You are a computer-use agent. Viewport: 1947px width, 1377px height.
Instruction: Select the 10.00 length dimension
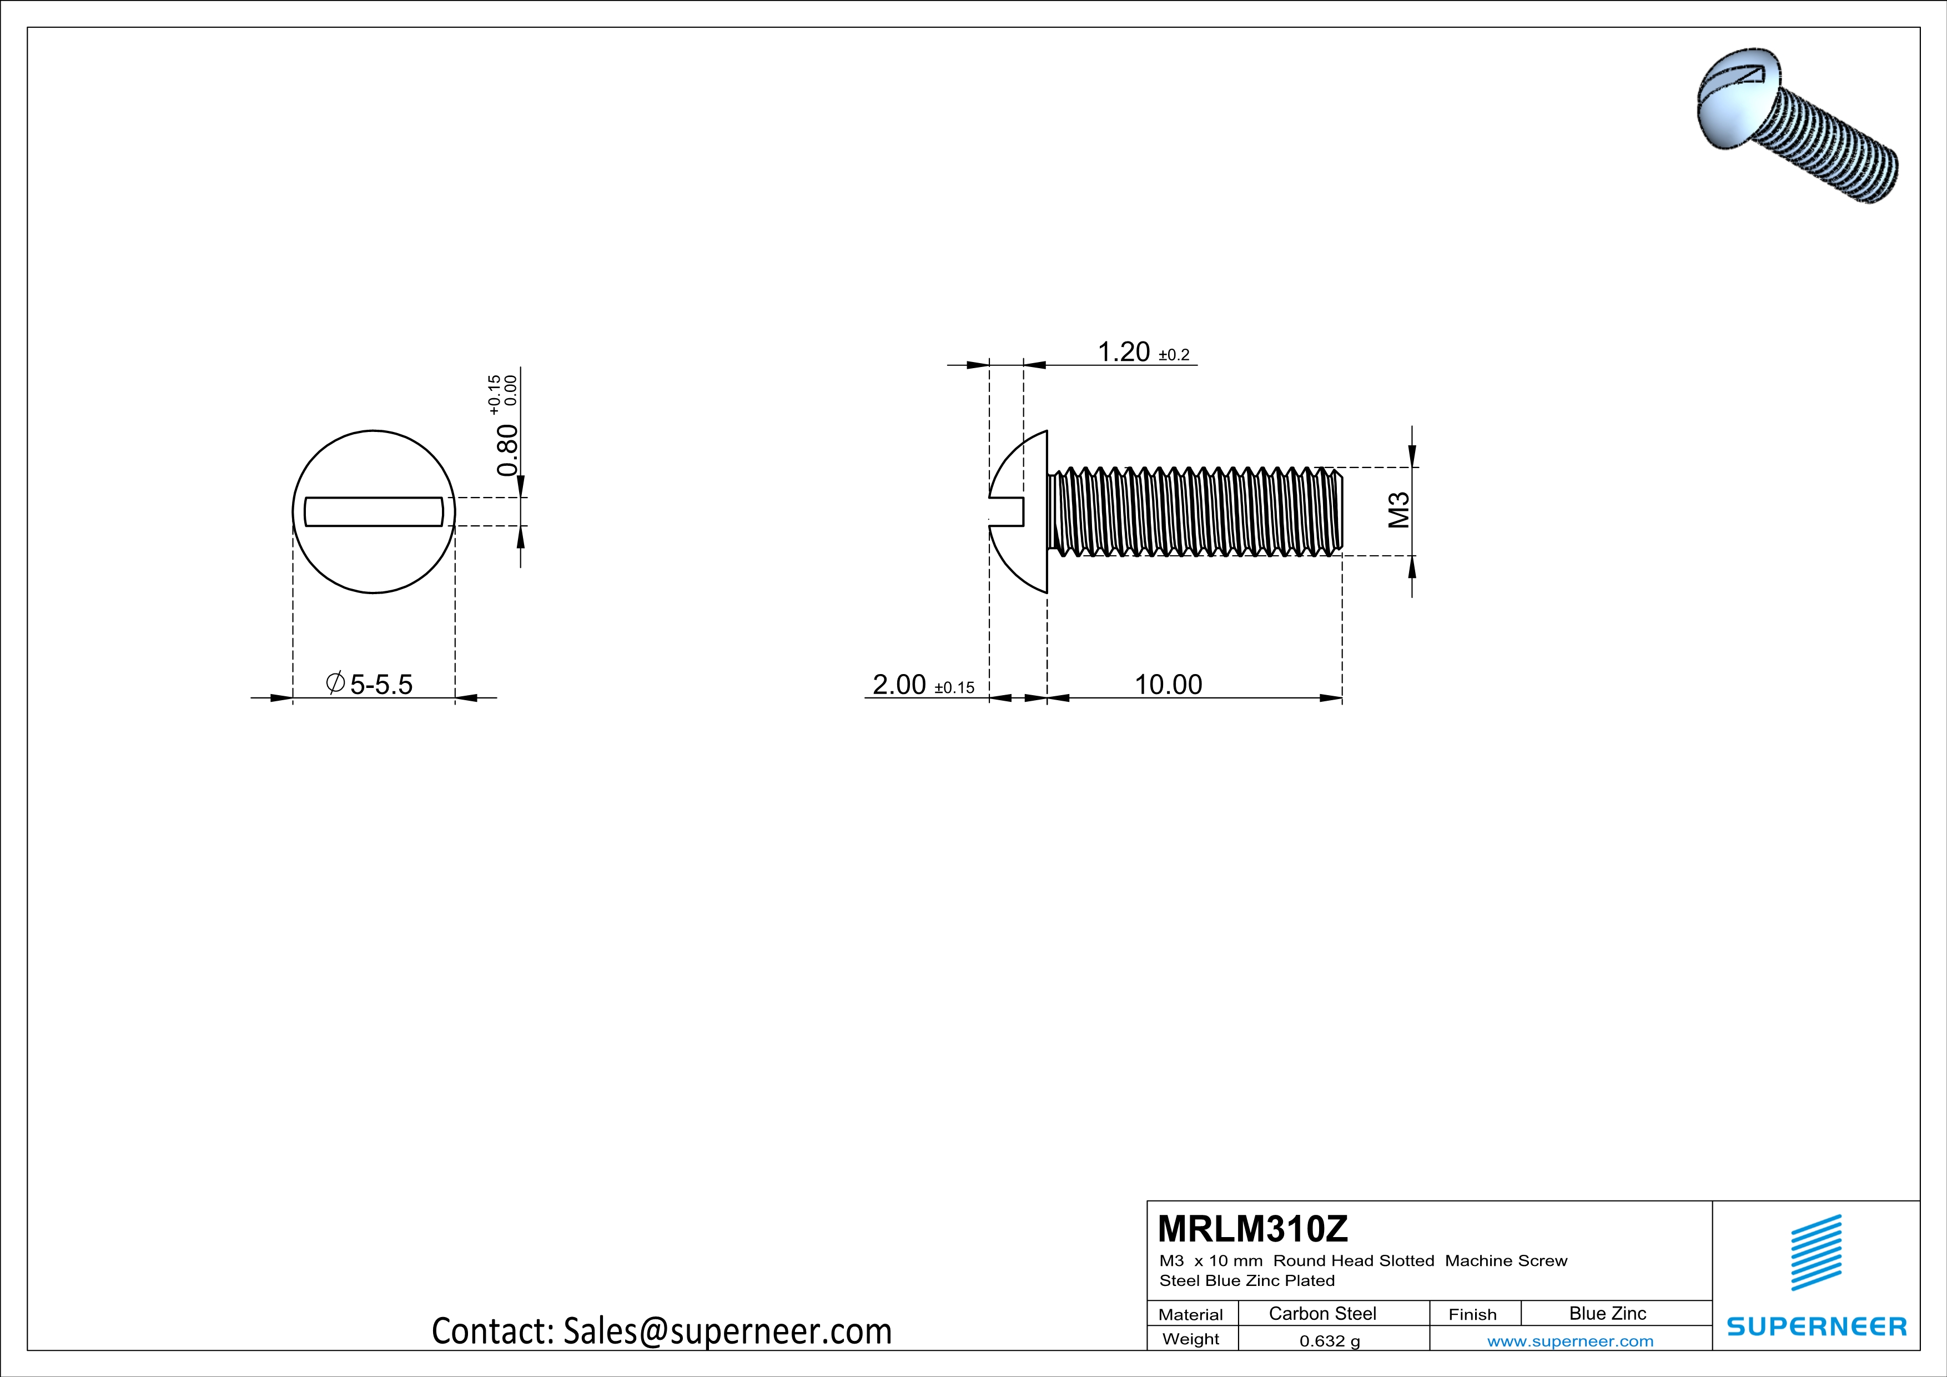click(x=1168, y=684)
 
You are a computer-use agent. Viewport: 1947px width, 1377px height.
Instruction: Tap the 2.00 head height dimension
click(x=899, y=684)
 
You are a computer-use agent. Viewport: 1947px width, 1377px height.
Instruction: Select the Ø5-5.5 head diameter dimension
click(x=370, y=684)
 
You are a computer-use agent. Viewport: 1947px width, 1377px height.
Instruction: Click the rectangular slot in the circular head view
click(x=373, y=511)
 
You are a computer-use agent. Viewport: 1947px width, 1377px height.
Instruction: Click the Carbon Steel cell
click(x=1322, y=1313)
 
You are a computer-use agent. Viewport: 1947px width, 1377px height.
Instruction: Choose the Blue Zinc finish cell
click(x=1607, y=1313)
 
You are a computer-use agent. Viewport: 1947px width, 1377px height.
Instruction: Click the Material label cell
click(x=1191, y=1314)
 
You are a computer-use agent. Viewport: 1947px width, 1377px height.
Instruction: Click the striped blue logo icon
click(x=1815, y=1253)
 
